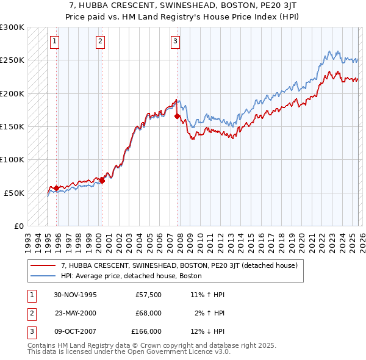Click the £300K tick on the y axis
12,27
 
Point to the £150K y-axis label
12,127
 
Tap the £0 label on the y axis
18,226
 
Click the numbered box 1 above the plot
55,41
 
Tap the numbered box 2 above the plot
100,41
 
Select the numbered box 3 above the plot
175,41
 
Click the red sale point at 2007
177,116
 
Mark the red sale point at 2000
102,180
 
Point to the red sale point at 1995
57,188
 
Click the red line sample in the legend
43,266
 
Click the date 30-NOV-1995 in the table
75,295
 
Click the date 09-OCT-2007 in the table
75,331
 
